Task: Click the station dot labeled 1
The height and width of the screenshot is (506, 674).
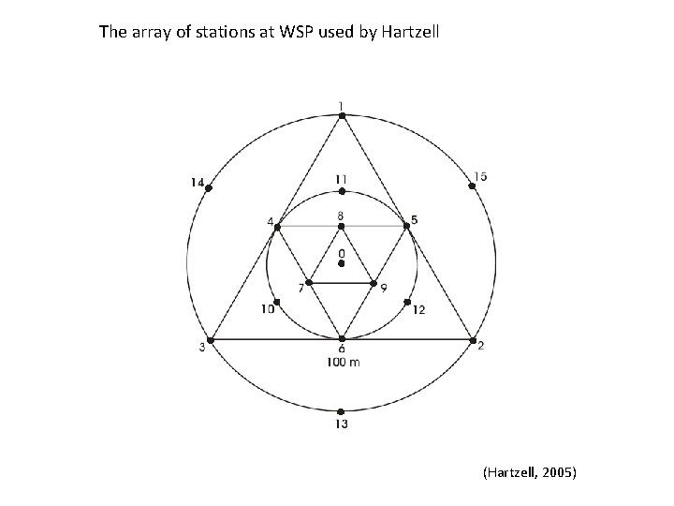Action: coord(342,115)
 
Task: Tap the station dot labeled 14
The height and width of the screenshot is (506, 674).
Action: coord(209,188)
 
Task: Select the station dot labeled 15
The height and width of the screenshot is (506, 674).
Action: coord(472,186)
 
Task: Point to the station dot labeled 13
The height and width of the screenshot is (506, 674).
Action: coord(341,411)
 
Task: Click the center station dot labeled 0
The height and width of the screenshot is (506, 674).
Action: coord(342,264)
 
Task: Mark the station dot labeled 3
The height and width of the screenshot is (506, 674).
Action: coord(211,339)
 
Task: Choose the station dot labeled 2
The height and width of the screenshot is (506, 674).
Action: coord(473,339)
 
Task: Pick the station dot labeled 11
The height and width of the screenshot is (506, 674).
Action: coord(342,191)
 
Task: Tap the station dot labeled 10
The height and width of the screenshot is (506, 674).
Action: coord(276,302)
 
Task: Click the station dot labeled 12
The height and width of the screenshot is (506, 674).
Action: coord(406,302)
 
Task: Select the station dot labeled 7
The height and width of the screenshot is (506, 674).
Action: coord(309,282)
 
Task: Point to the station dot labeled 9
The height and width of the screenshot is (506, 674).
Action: coord(374,282)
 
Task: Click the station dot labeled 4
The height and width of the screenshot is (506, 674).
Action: coord(277,226)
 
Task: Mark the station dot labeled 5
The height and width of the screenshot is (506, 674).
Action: coord(406,226)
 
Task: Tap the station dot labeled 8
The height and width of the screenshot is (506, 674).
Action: coord(342,226)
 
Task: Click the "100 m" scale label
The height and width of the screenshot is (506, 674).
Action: coord(343,362)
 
